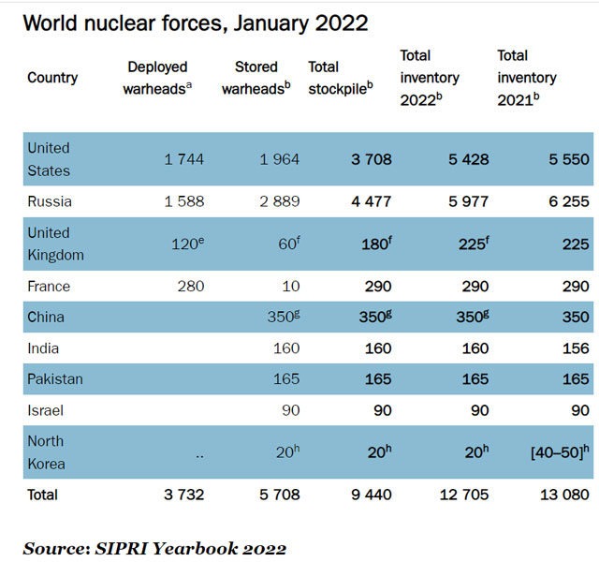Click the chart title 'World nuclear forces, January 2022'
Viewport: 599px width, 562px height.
195,22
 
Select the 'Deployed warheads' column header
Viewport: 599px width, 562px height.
156,78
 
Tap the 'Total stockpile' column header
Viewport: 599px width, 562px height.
339,78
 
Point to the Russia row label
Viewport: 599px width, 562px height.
50,201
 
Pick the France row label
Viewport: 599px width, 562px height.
49,287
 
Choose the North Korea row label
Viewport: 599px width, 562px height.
46,452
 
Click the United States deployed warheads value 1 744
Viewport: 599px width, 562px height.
183,159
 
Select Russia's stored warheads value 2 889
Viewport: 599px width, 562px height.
279,201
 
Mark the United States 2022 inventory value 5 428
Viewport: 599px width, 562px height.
467,159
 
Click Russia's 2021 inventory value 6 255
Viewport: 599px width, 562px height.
568,201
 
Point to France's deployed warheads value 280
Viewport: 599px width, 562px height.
190,287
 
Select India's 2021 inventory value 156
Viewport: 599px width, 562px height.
575,348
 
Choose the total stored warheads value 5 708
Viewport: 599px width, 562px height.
279,495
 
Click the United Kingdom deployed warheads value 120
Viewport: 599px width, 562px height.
185,244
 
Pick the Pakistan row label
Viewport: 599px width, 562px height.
55,379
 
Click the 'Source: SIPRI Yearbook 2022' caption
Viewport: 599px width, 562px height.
154,548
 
